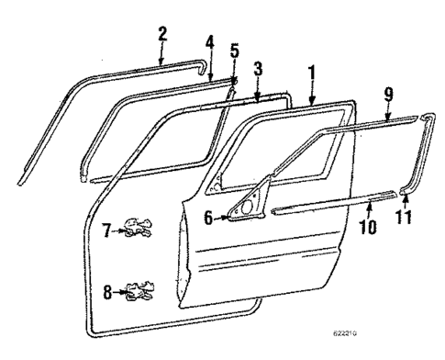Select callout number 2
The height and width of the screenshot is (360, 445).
click(x=162, y=36)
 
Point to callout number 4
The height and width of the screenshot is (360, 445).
click(x=209, y=42)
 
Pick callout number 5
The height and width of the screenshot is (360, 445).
click(x=234, y=51)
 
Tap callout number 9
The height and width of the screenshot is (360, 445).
click(x=388, y=93)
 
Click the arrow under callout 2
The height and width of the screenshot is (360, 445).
click(x=161, y=53)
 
